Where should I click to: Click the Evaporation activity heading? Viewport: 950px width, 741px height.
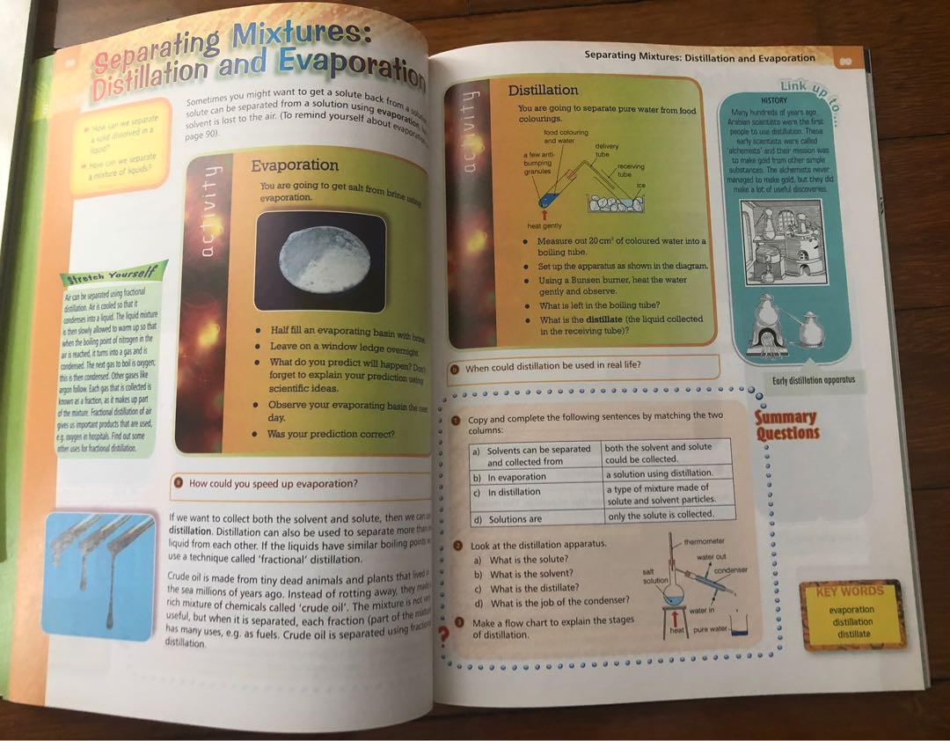click(295, 165)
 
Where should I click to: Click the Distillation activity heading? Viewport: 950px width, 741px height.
click(543, 90)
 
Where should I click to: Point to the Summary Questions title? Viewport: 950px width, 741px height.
click(786, 425)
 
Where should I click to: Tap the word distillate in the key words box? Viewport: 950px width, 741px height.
click(853, 634)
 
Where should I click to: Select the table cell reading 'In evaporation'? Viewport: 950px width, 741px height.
click(517, 477)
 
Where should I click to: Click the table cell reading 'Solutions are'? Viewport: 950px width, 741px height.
click(515, 519)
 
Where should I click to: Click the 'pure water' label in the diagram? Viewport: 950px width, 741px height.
click(712, 630)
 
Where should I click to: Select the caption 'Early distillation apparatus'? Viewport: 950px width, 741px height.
click(813, 380)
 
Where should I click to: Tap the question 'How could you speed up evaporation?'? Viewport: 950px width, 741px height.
click(274, 484)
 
